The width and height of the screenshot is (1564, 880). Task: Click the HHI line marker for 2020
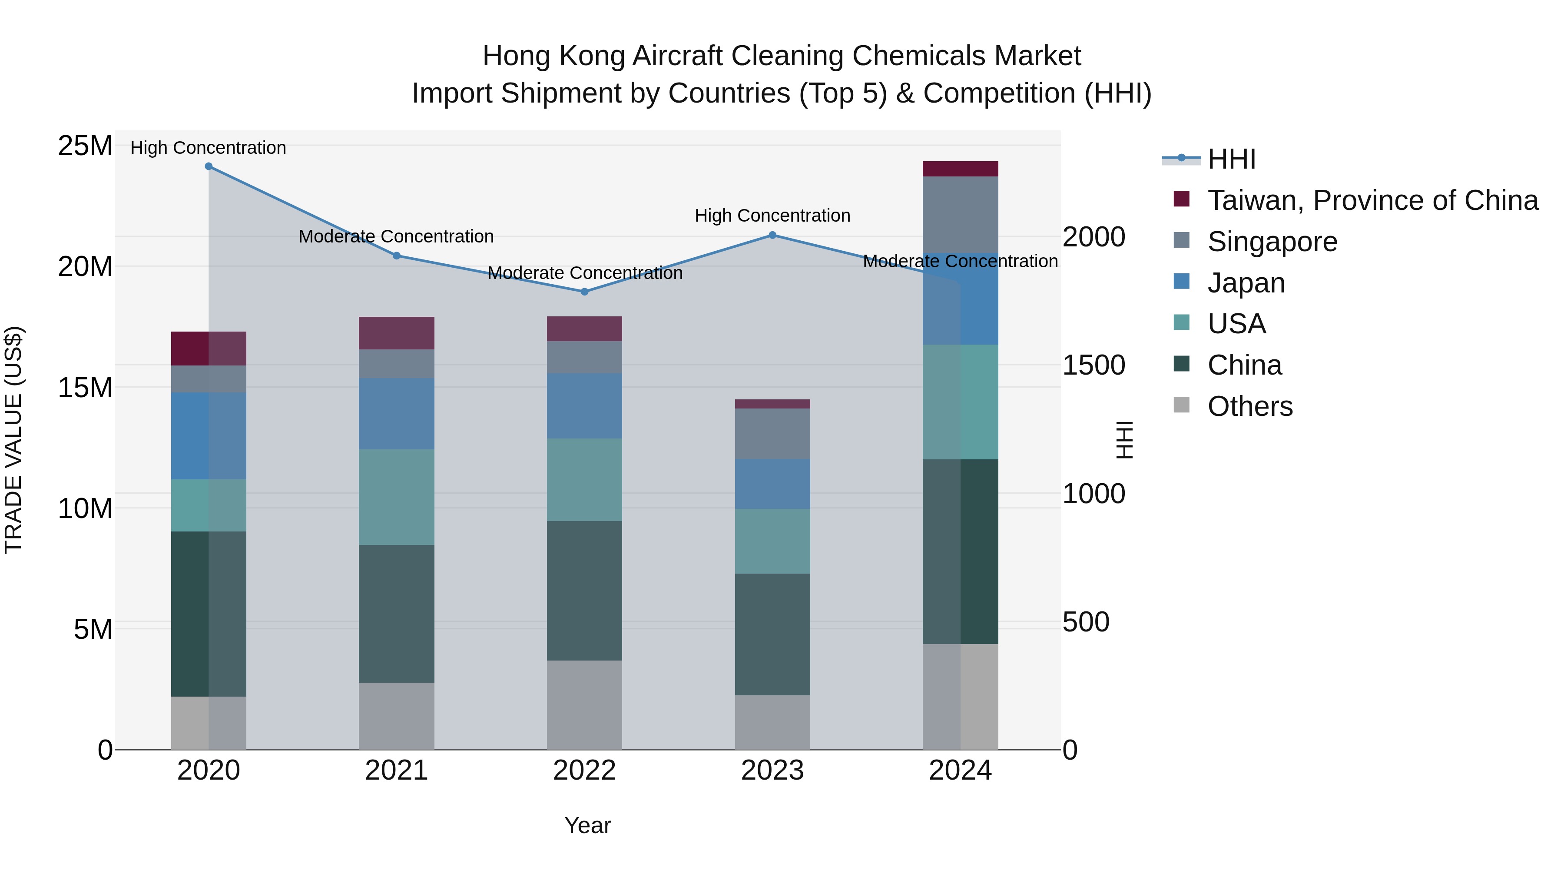[208, 166]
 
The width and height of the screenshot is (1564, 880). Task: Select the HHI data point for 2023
[772, 235]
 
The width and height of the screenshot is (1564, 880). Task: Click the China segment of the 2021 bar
[397, 613]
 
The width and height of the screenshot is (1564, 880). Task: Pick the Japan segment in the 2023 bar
[772, 484]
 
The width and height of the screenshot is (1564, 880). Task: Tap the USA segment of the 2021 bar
[397, 497]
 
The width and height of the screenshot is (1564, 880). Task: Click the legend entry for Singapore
[1272, 242]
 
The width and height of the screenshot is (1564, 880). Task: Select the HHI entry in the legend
[1231, 159]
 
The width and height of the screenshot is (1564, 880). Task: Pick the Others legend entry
[1249, 406]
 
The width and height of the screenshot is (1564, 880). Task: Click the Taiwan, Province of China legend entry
[1372, 200]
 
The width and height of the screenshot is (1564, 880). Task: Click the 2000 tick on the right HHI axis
[1093, 237]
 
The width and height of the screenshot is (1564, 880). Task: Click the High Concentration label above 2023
[772, 216]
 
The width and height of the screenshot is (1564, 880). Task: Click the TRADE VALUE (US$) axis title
[13, 440]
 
